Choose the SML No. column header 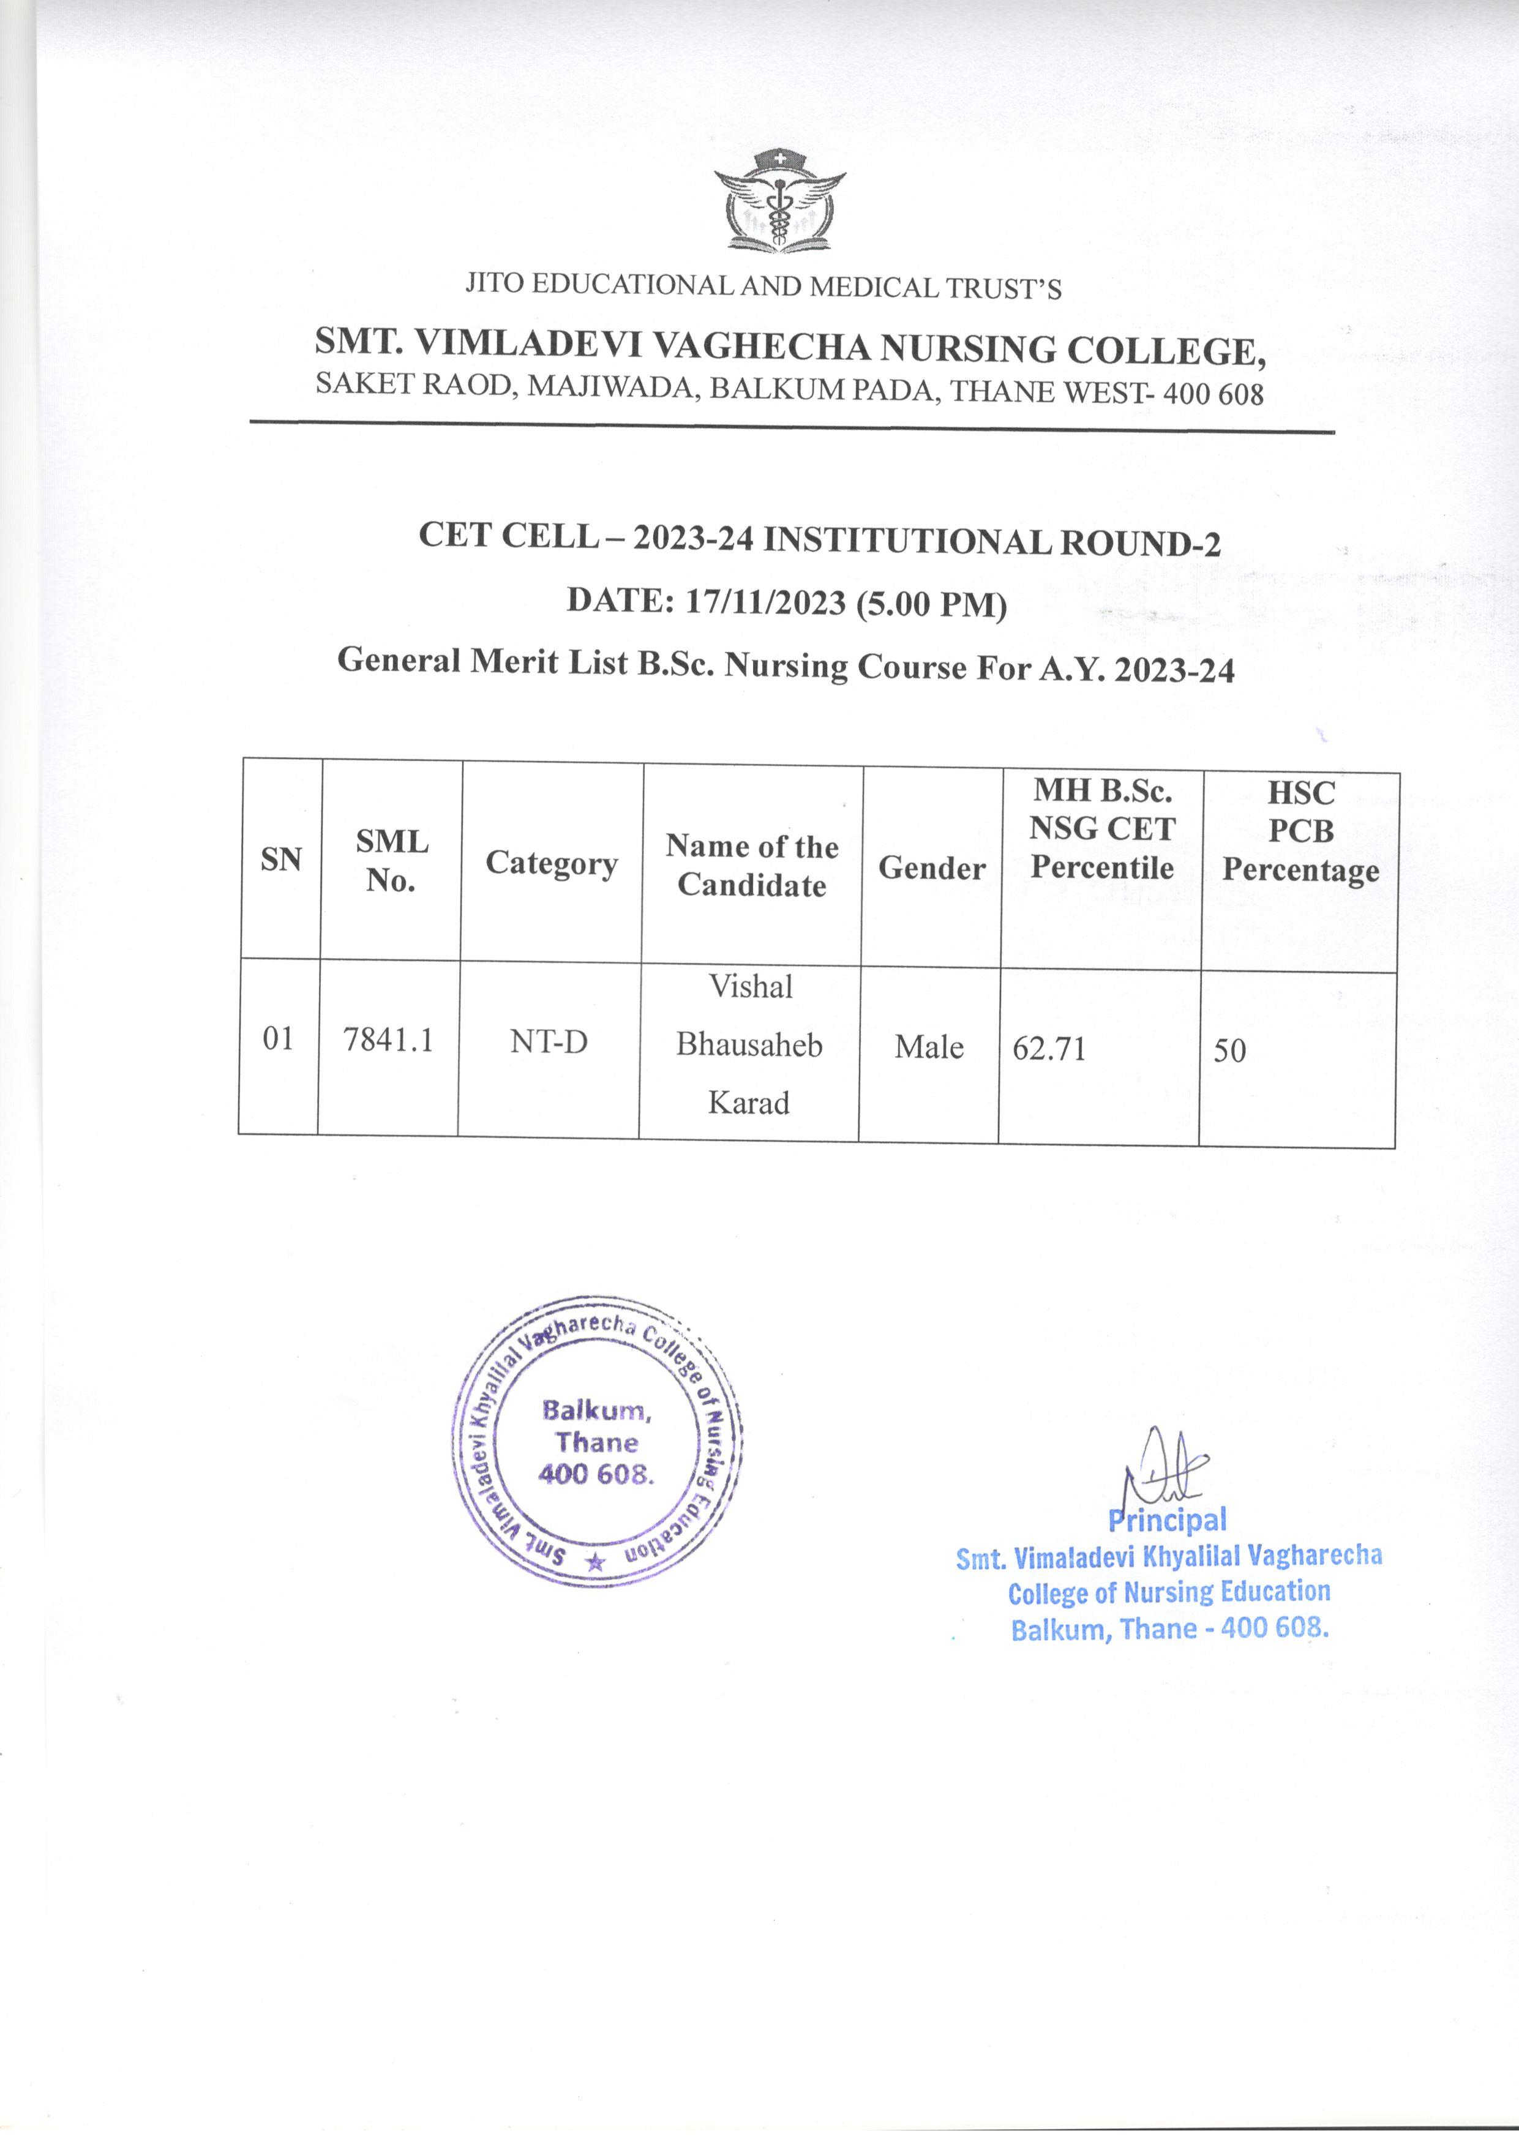click(391, 861)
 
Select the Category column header click(551, 864)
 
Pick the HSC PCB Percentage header click(1300, 831)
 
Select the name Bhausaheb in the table click(749, 1044)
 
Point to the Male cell click(929, 1047)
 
